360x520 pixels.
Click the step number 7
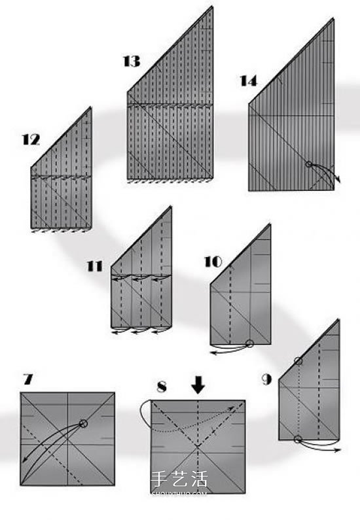pos(28,379)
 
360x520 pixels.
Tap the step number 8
pos(162,387)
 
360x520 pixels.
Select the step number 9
pos(267,379)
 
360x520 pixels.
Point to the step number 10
pos(213,262)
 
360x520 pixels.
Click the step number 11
pos(95,266)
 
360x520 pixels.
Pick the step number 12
pos(31,140)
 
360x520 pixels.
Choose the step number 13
pos(132,61)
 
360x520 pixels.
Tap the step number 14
pos(249,81)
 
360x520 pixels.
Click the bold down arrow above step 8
pos(198,385)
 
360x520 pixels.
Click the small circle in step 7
pos(83,423)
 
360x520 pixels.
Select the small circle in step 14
pos(308,164)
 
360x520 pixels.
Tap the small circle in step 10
pos(249,344)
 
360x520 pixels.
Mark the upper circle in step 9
pos(298,361)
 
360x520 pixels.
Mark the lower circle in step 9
pos(298,439)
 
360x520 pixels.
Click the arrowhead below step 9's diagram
pos(338,450)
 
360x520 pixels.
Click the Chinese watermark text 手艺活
pos(179,479)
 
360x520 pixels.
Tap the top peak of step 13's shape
pos(212,7)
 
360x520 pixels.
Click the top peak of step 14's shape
pos(333,19)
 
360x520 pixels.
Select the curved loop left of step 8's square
pos(141,411)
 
